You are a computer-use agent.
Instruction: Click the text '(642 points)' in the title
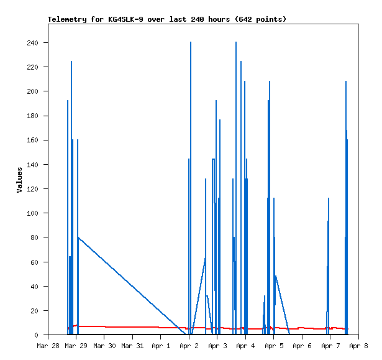261,19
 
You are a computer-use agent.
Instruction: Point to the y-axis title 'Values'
19,180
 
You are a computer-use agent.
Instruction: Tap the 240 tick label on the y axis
32,43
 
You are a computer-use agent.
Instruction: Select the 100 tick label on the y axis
32,213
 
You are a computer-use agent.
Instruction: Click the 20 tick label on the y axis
35,311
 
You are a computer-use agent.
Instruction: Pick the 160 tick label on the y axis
32,141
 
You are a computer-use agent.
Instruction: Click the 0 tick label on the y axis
37,335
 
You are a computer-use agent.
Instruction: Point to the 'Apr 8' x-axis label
358,346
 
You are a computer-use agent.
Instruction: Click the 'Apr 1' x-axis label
160,346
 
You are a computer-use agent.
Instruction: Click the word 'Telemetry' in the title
67,19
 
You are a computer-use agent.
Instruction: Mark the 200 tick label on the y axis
32,91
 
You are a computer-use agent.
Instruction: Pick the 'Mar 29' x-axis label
75,346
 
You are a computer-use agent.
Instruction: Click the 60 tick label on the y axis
35,262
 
